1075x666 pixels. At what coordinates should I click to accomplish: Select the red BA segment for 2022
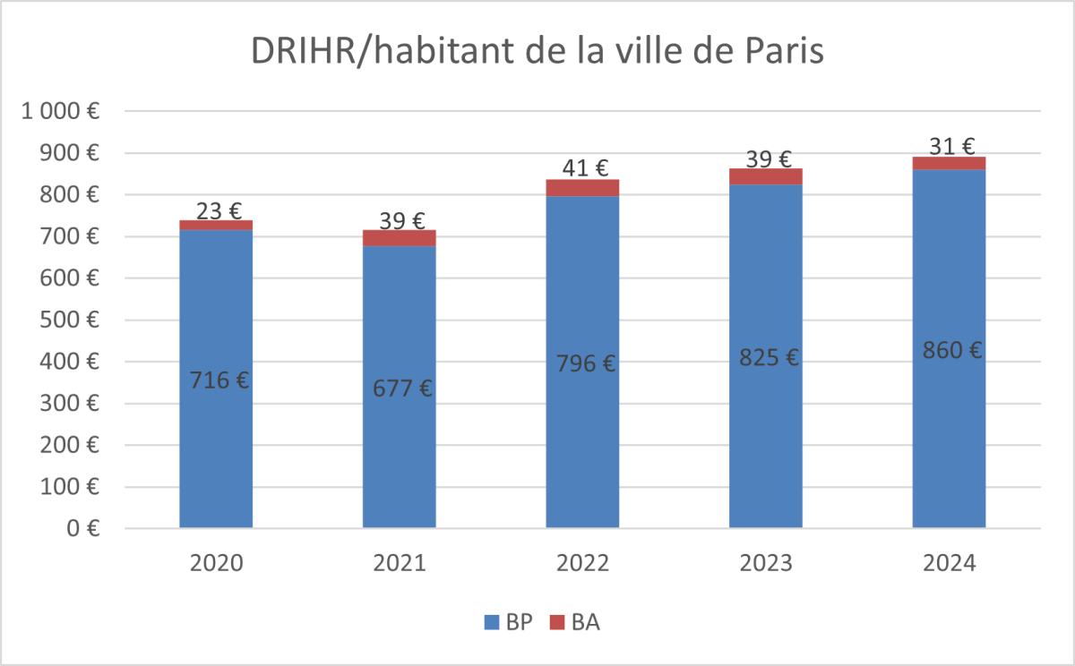pos(582,187)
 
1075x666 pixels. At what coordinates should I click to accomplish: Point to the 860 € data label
pos(950,350)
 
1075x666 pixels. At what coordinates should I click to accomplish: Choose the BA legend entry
pos(574,622)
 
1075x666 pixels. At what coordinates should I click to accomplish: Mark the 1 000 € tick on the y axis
pos(61,112)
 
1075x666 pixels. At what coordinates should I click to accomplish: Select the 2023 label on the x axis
pos(766,563)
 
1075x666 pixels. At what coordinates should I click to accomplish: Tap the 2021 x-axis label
pos(400,563)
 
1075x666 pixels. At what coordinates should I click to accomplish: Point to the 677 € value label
pos(400,388)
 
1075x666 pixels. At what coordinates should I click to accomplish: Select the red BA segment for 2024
pos(949,163)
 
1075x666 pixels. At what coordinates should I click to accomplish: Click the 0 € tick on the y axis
pos(81,528)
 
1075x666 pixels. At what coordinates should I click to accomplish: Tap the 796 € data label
pos(582,363)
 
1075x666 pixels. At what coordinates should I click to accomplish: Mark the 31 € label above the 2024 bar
pos(950,146)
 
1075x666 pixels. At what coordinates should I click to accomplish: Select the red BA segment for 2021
pos(400,238)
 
